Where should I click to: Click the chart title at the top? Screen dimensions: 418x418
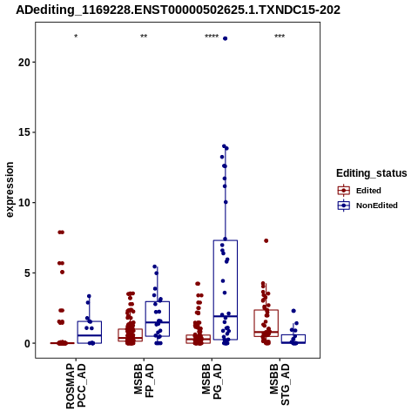pos(178,10)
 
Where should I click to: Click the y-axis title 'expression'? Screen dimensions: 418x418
pos(10,190)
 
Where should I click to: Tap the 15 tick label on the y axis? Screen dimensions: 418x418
pos(24,132)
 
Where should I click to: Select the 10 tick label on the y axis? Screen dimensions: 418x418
pos(24,203)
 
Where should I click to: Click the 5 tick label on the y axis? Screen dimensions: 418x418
pos(27,273)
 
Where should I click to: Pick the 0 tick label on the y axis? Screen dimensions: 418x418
pos(27,343)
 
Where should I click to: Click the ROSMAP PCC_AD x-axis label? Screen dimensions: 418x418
pos(76,387)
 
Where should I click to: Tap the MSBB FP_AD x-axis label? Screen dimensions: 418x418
pos(144,381)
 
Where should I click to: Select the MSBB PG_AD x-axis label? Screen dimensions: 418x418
pos(212,381)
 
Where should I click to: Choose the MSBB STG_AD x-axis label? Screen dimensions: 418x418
pos(280,385)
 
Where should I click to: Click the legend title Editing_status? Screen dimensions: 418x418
pos(372,173)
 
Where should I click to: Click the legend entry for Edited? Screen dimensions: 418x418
pos(360,191)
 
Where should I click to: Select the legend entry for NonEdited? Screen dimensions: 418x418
pos(367,206)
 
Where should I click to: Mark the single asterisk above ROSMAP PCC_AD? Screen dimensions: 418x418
pos(76,37)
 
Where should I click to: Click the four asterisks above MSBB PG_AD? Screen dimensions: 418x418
pos(212,37)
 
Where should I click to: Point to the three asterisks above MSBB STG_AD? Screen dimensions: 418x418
pos(280,37)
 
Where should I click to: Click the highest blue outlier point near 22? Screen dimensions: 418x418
pos(225,38)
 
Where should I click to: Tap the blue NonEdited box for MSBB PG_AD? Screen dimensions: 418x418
pos(226,240)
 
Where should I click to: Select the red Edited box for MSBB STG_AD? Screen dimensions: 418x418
pos(266,310)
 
